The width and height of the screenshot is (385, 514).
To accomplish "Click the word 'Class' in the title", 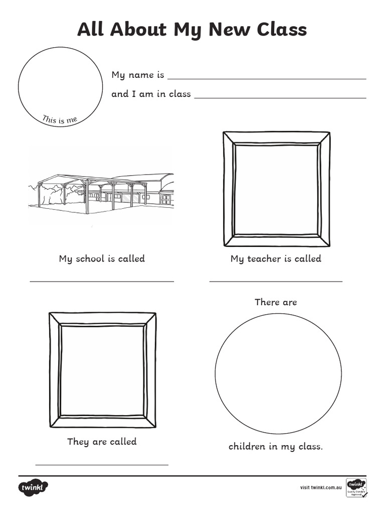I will (281, 30).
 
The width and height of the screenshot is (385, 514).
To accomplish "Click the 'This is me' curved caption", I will (60, 119).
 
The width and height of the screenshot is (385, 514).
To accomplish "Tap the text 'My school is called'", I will (102, 259).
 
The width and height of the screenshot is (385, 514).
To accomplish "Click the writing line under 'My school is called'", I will (102, 282).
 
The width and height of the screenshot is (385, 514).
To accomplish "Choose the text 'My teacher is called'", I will (276, 259).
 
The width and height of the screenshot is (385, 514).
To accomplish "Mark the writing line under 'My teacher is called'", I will (276, 282).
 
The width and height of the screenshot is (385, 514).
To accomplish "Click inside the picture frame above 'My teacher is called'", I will (276, 189).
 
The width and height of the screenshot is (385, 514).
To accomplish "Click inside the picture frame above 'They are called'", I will (102, 370).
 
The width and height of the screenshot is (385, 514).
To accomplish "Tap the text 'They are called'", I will (102, 442).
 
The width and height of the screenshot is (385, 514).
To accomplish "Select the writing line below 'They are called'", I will (102, 465).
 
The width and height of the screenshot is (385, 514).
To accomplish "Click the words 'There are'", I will (276, 302).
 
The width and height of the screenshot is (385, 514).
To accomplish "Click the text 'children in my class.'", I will (276, 446).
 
